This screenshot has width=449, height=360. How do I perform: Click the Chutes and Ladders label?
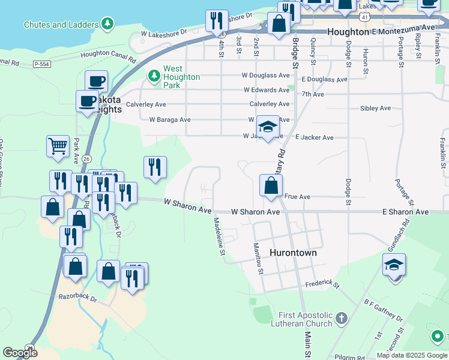(60, 25)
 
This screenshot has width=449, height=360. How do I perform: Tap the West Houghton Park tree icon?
(154, 75)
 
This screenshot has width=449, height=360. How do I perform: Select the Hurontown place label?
(293, 253)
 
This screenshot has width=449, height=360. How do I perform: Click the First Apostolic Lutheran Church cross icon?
(341, 318)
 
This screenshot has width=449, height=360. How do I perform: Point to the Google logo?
(20, 353)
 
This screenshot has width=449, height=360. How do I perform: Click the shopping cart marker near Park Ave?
(58, 146)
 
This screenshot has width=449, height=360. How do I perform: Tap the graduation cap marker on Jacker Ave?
(268, 127)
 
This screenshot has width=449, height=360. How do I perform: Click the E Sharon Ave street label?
(406, 212)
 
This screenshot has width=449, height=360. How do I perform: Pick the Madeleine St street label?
(219, 236)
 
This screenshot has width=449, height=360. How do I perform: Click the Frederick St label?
(322, 284)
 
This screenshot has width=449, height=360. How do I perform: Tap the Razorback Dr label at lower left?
(77, 297)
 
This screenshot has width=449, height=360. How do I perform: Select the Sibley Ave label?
(375, 109)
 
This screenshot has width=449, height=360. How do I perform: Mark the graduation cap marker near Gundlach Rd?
(394, 264)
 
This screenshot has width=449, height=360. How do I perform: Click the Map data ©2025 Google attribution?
(411, 355)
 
